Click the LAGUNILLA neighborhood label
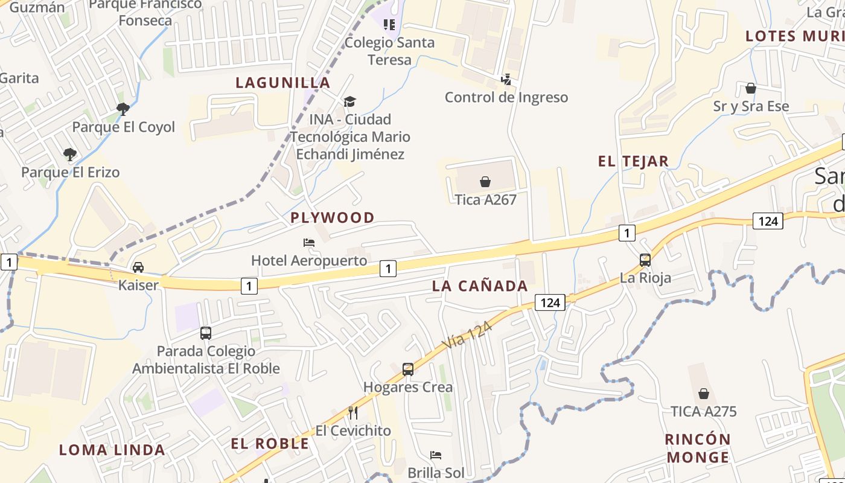(x=283, y=83)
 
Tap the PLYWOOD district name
(x=333, y=217)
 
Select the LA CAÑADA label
(x=480, y=286)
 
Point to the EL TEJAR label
(x=633, y=161)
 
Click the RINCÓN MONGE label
(x=698, y=448)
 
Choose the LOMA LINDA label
(x=112, y=450)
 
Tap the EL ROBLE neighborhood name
(x=270, y=444)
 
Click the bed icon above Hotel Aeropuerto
(x=309, y=243)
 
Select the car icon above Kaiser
(x=138, y=267)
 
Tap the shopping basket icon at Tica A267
(x=485, y=181)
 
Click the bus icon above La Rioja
(x=645, y=260)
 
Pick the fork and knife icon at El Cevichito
(x=353, y=413)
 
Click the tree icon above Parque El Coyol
(x=123, y=109)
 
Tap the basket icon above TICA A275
(x=704, y=394)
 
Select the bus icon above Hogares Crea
(x=408, y=369)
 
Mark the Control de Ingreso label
(x=506, y=97)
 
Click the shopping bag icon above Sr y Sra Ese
(x=751, y=89)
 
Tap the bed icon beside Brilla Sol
(x=436, y=455)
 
